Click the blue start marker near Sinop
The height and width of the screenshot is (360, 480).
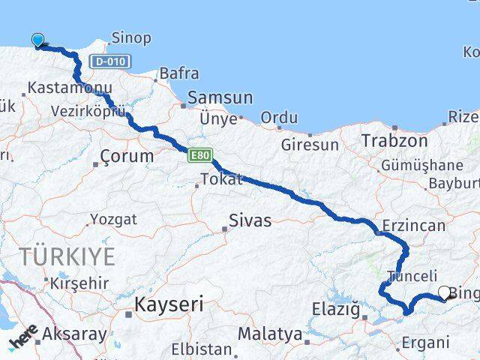pos(37,40)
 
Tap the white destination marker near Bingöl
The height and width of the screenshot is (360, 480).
pos(444,293)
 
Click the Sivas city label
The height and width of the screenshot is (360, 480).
pos(250,220)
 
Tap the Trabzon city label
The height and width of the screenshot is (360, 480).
pos(394,140)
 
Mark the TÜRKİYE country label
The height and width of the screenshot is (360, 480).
pos(67,257)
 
